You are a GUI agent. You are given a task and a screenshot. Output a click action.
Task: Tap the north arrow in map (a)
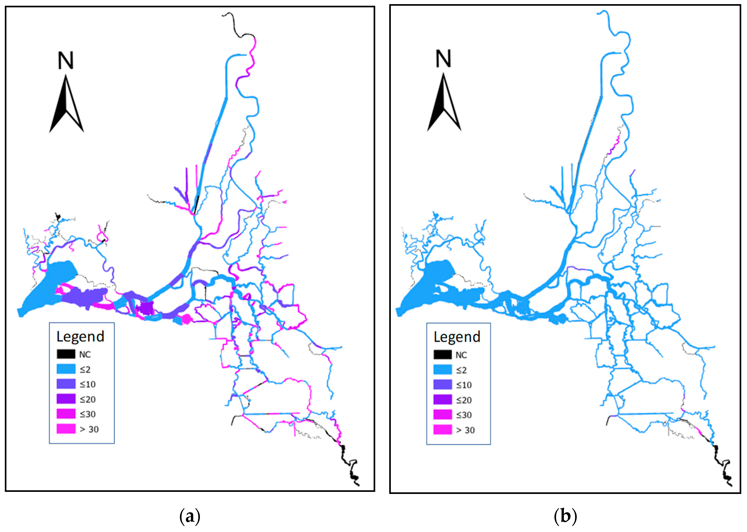click(x=66, y=105)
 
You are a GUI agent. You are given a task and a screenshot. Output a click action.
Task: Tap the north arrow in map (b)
click(x=444, y=103)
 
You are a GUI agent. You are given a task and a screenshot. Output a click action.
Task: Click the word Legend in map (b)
click(x=457, y=337)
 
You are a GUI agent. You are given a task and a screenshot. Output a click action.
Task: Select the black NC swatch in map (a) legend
click(x=66, y=354)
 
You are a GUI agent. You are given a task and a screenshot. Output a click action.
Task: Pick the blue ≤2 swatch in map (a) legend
click(x=66, y=369)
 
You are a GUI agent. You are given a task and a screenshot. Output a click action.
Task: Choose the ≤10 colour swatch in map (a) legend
click(x=66, y=384)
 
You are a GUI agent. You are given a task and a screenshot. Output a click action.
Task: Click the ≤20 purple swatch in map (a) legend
click(x=66, y=399)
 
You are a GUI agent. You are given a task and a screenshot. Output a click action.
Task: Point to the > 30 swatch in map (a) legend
click(x=66, y=429)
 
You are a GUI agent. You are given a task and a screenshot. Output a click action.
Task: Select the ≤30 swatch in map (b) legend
click(x=442, y=415)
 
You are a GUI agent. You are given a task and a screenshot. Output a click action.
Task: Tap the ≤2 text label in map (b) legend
click(x=461, y=370)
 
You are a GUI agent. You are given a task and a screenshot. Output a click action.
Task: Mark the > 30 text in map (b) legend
click(x=465, y=430)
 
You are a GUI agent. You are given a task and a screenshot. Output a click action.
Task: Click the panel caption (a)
click(x=190, y=517)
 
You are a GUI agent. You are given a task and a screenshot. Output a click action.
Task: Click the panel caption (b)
click(x=565, y=517)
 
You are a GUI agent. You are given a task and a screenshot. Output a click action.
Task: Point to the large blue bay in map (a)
click(x=49, y=288)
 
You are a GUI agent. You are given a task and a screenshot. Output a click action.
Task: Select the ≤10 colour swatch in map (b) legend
click(x=442, y=385)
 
